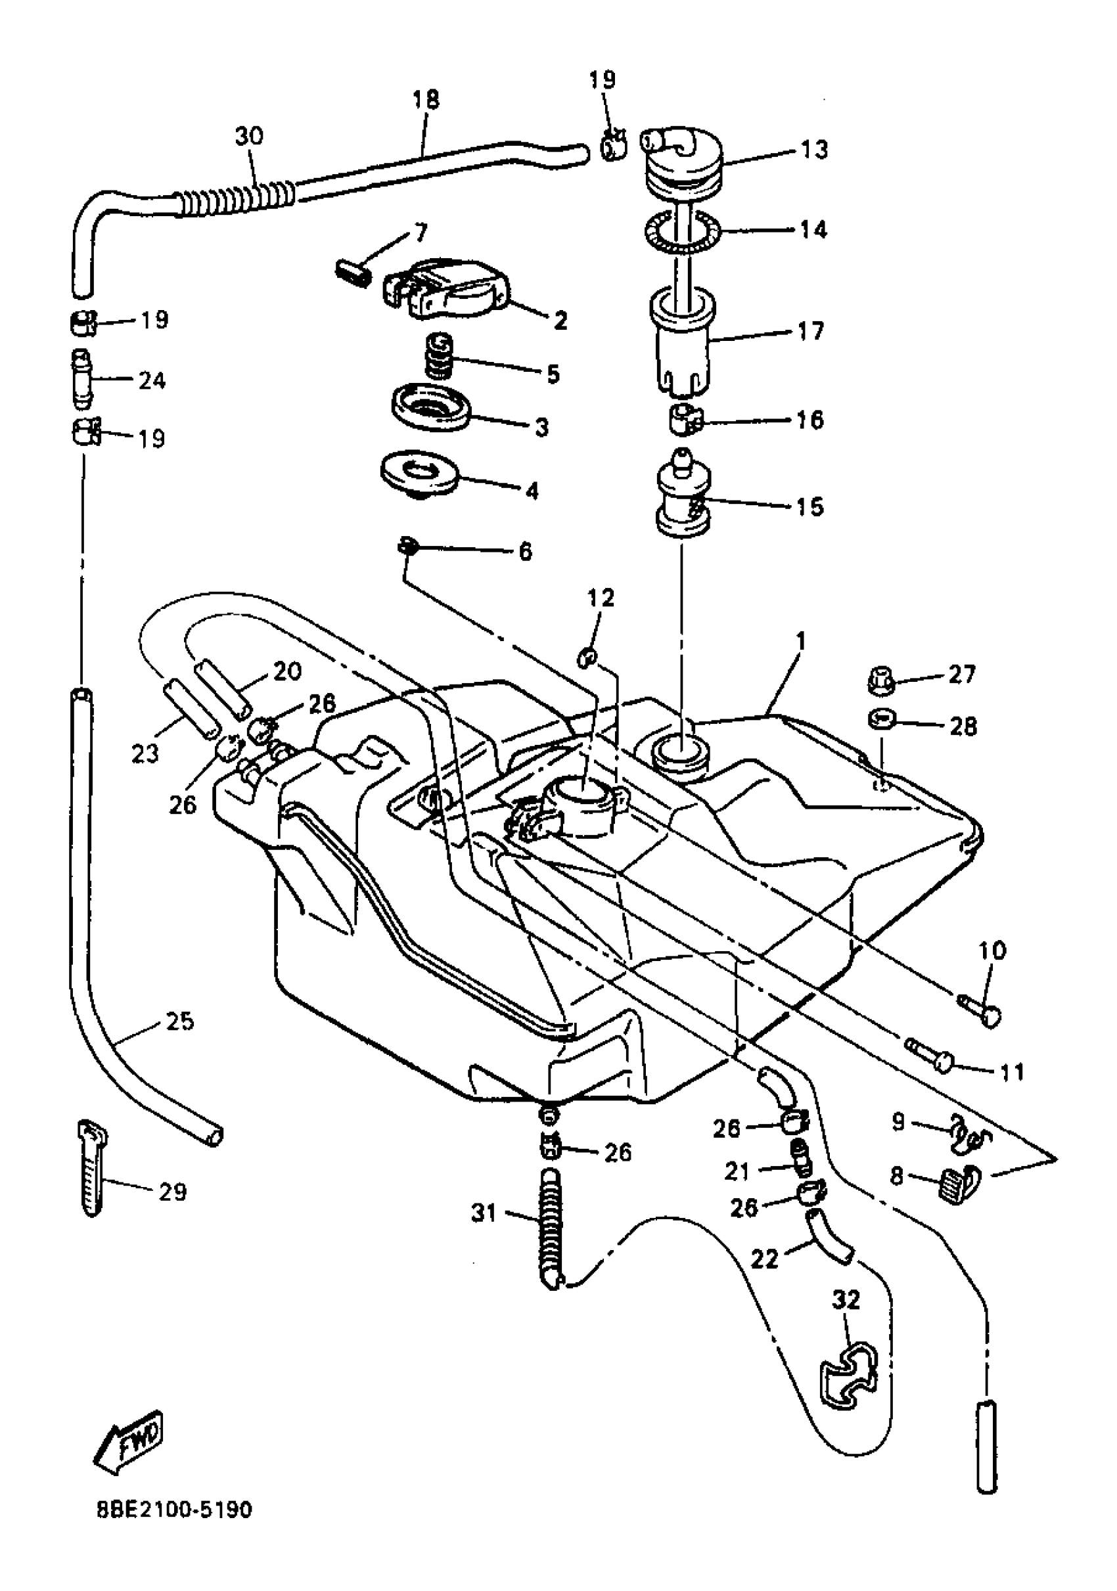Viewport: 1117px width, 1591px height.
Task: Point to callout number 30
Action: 249,136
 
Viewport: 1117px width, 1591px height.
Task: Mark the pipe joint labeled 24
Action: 81,380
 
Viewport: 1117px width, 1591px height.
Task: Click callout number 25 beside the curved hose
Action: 179,1021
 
